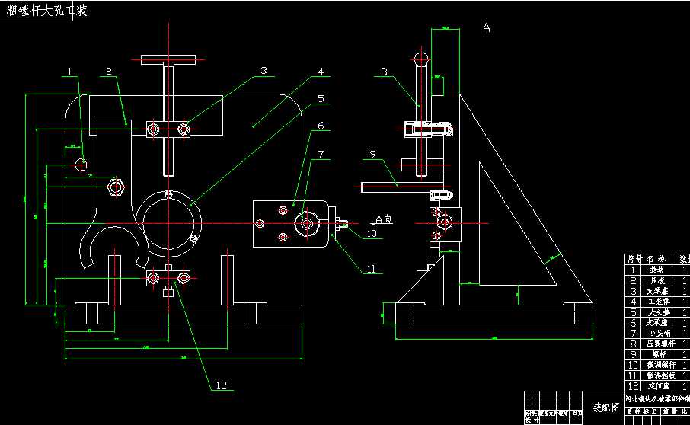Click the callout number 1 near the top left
pyautogui.click(x=69, y=72)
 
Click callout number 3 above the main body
pyautogui.click(x=263, y=70)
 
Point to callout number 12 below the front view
pyautogui.click(x=222, y=386)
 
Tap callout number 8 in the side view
pyautogui.click(x=384, y=72)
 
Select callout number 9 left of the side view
pyautogui.click(x=373, y=155)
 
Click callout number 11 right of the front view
pyautogui.click(x=371, y=268)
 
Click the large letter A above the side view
pyautogui.click(x=486, y=28)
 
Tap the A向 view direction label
pyautogui.click(x=384, y=219)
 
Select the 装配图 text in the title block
pyautogui.click(x=605, y=407)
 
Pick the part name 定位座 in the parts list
pyautogui.click(x=657, y=387)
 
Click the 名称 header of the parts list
pyautogui.click(x=656, y=259)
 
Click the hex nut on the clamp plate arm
pyautogui.click(x=116, y=186)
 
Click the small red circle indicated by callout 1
pyautogui.click(x=81, y=164)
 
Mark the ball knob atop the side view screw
pyautogui.click(x=420, y=59)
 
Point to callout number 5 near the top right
pyautogui.click(x=321, y=98)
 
